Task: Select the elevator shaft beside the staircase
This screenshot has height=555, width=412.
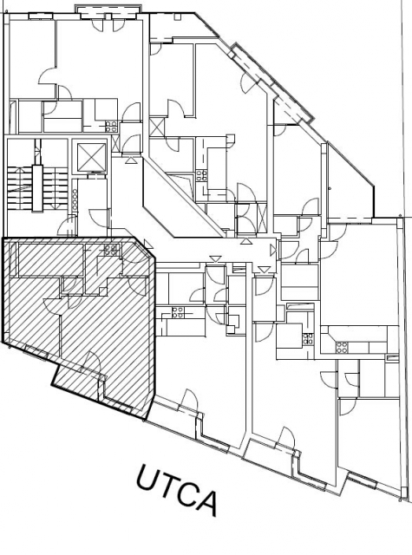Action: (x=88, y=157)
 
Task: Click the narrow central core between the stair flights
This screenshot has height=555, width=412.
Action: (x=37, y=188)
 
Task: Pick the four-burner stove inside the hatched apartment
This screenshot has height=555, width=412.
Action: (x=111, y=250)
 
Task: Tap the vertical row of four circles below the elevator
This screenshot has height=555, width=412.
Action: (x=75, y=200)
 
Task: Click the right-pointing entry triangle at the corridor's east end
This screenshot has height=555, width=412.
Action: (x=273, y=251)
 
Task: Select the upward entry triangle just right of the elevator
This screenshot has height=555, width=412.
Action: (x=131, y=160)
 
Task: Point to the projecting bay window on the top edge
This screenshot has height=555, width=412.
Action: (x=108, y=11)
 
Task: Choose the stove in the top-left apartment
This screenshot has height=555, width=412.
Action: (x=111, y=127)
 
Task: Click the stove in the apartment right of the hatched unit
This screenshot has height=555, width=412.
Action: (x=177, y=312)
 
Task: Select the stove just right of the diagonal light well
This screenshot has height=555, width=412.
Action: (x=202, y=176)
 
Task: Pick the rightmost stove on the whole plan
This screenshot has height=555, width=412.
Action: (x=342, y=347)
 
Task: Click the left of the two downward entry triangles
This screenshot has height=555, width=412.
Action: (x=215, y=259)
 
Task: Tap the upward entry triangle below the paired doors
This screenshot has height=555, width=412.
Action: (x=245, y=241)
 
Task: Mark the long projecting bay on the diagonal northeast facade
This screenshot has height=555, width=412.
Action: (x=271, y=82)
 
